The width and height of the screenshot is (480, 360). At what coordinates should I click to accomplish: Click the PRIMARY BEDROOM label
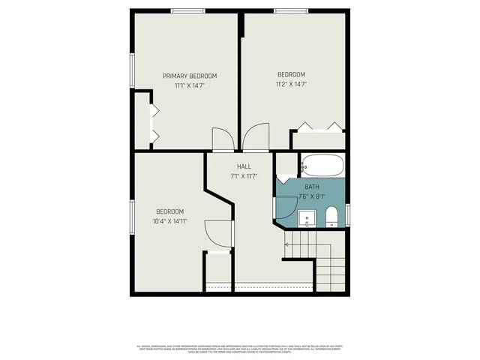point(190,76)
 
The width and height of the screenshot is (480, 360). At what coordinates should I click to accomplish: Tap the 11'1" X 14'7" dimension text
point(190,85)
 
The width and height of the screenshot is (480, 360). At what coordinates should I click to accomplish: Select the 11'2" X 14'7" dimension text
point(291,84)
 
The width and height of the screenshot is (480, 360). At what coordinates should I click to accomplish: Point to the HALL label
point(244,166)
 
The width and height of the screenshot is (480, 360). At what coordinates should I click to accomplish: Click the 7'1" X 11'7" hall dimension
point(244,176)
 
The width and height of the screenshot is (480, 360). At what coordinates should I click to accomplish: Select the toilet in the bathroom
point(331,217)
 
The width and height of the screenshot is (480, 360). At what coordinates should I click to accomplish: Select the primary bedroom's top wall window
point(187,10)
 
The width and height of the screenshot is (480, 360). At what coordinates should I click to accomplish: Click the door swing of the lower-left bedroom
point(217,232)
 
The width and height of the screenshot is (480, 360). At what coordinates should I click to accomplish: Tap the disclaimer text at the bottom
point(240,349)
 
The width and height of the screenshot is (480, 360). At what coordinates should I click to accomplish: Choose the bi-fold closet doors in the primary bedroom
point(155,124)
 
